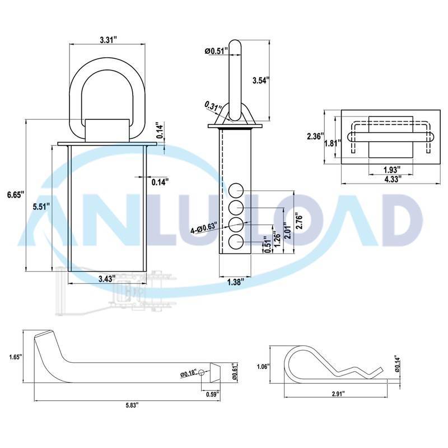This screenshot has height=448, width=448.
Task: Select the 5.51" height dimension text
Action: [x=40, y=206]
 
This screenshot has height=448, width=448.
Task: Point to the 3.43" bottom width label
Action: [x=106, y=278]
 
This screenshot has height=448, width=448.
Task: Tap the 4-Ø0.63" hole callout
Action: [x=204, y=228]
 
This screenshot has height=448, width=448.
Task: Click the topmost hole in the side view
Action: [x=236, y=189]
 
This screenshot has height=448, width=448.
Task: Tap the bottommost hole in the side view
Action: [x=236, y=242]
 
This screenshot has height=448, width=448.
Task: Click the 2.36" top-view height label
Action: [x=316, y=136]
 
